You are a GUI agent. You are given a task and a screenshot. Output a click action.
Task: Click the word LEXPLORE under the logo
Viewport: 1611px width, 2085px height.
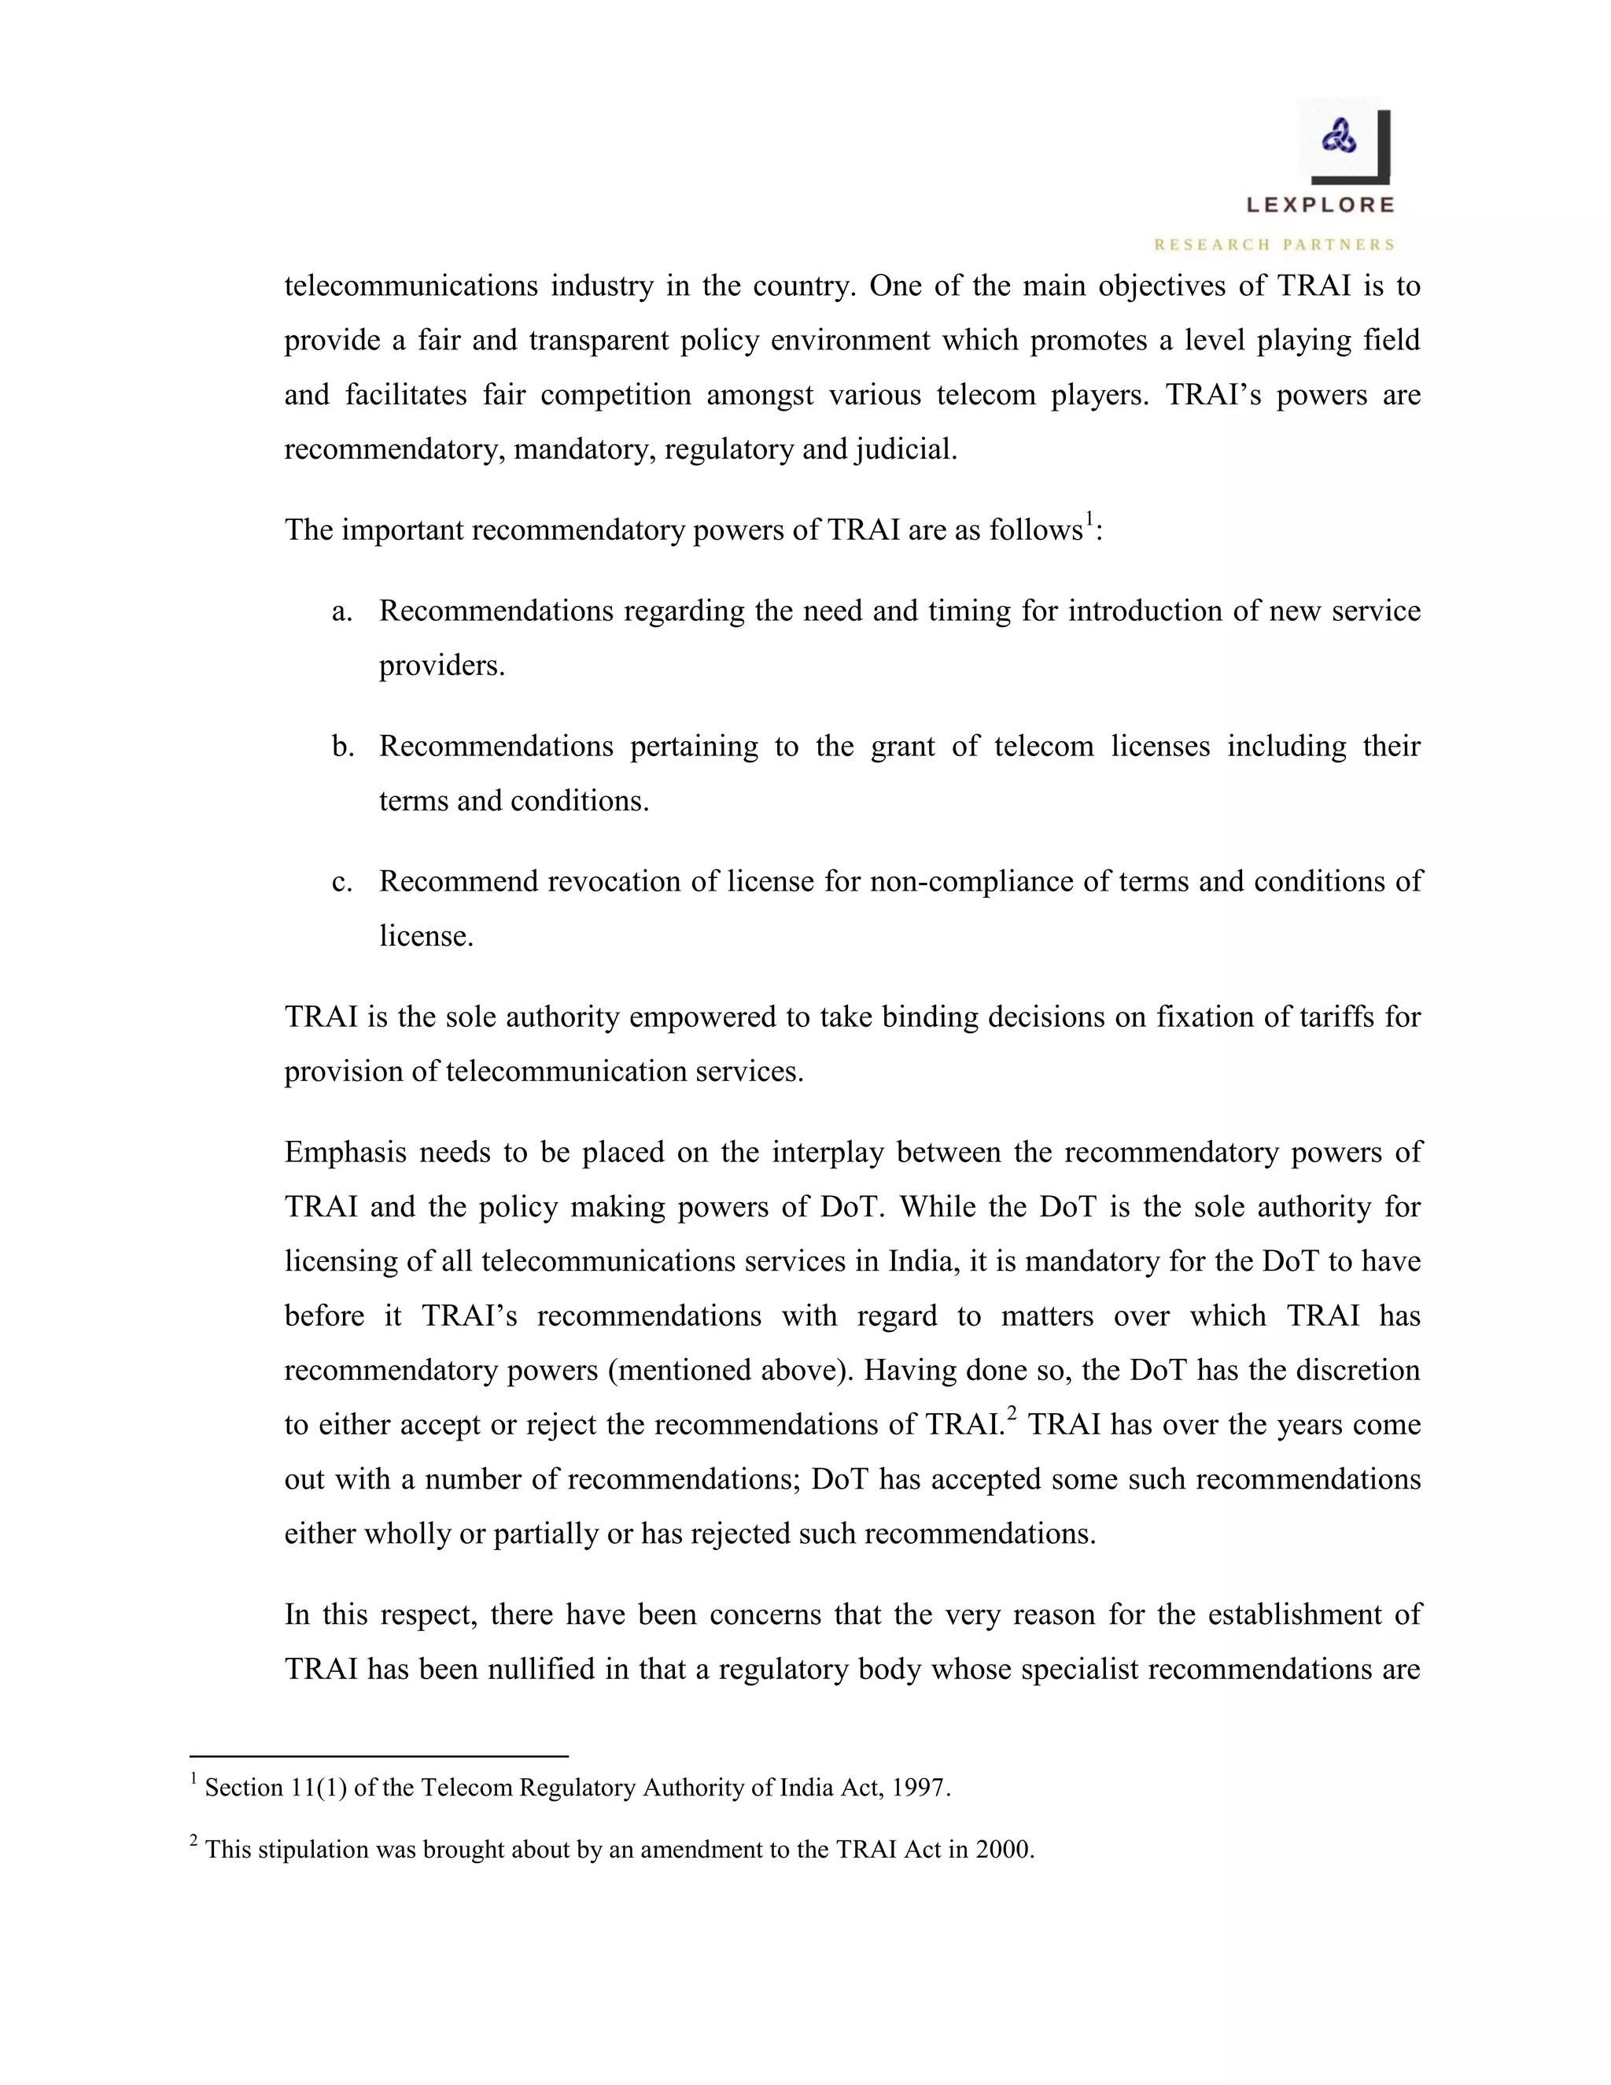1320,205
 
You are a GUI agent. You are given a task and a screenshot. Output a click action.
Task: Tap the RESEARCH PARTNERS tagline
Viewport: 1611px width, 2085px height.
1274,245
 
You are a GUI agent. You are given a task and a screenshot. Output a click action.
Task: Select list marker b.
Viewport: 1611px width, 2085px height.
343,747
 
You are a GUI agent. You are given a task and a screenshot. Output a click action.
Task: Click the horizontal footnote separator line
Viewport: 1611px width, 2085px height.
379,1755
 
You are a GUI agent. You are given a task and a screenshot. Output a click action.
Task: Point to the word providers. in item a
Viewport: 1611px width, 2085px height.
442,666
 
